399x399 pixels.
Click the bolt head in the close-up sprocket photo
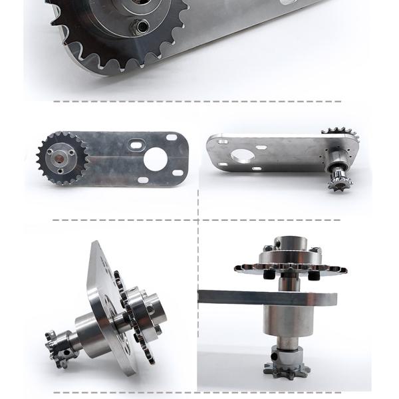[140, 27]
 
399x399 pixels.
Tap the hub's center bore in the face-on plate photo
[63, 158]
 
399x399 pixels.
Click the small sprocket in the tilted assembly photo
[59, 342]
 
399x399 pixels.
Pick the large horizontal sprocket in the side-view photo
[291, 268]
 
